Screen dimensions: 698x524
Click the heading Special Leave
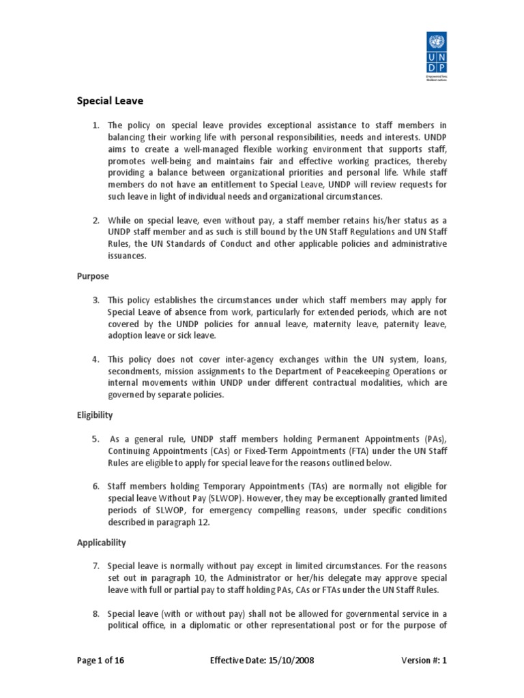click(109, 102)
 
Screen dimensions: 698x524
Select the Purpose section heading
click(92, 277)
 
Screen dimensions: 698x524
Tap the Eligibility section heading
click(94, 414)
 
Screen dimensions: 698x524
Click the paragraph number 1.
click(96, 125)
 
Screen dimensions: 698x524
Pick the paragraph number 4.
click(96, 359)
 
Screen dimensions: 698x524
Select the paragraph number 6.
click(96, 486)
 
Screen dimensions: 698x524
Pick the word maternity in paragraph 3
click(330, 324)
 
